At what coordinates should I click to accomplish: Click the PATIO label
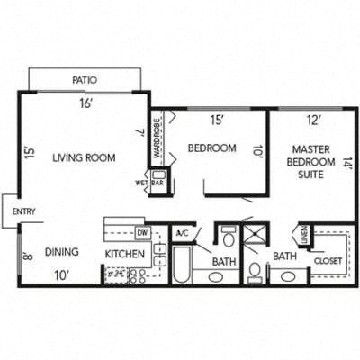point(85,80)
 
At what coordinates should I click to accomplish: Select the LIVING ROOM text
point(85,157)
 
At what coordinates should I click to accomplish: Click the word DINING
point(61,252)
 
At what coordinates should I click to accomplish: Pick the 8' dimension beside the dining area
point(29,255)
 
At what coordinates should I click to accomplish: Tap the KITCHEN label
point(125,255)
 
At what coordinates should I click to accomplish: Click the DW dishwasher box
point(142,233)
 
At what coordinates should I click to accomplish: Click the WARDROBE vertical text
point(155,134)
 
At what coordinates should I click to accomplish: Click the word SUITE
point(314,176)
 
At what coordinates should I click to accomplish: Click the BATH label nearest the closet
point(284,256)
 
